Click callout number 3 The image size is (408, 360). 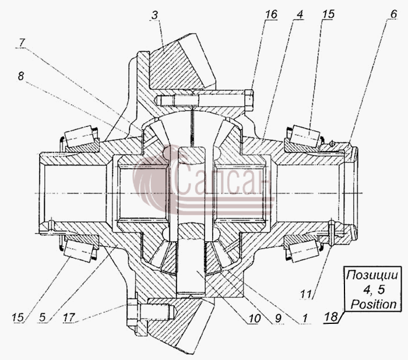point(155,15)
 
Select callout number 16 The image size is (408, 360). point(271,15)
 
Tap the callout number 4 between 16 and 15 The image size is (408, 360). point(300,15)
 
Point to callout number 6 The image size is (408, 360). point(393,14)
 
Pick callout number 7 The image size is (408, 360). point(22,43)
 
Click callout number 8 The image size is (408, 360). point(21,76)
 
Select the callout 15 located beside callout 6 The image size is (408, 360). point(328,15)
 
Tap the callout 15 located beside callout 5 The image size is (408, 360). point(17,317)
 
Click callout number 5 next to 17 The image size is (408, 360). point(43,317)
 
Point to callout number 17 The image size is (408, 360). point(69,317)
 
